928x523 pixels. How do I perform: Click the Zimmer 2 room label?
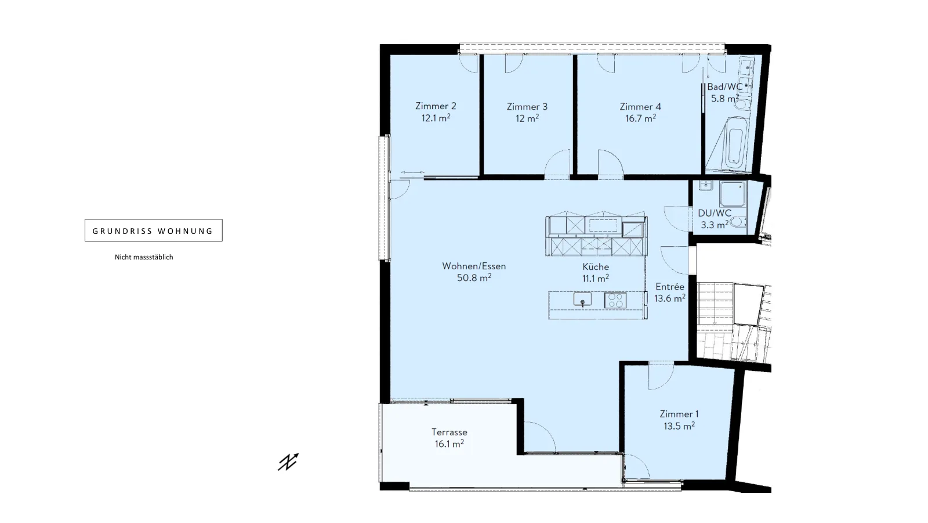[x=436, y=106]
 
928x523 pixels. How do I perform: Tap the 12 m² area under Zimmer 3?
[x=527, y=118]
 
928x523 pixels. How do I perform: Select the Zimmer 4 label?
[x=640, y=107]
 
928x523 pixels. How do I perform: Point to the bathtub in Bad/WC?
[x=734, y=143]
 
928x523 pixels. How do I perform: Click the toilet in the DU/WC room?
[x=738, y=223]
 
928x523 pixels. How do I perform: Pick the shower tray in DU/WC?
[x=733, y=194]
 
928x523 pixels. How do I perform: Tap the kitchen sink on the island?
[x=582, y=300]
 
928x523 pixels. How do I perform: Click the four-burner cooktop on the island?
[x=615, y=300]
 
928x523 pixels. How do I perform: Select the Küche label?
[x=596, y=266]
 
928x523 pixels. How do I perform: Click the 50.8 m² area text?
[x=474, y=277]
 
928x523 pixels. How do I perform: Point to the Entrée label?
[x=670, y=287]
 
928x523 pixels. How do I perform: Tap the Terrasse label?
[x=449, y=432]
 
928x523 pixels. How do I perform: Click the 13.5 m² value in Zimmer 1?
[x=679, y=426]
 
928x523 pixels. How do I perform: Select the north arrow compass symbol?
[x=288, y=462]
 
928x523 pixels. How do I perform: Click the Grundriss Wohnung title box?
[x=153, y=230]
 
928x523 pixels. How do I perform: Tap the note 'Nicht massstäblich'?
[x=144, y=257]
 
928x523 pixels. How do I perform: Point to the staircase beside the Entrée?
[x=733, y=322]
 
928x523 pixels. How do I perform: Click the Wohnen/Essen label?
[x=474, y=266]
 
